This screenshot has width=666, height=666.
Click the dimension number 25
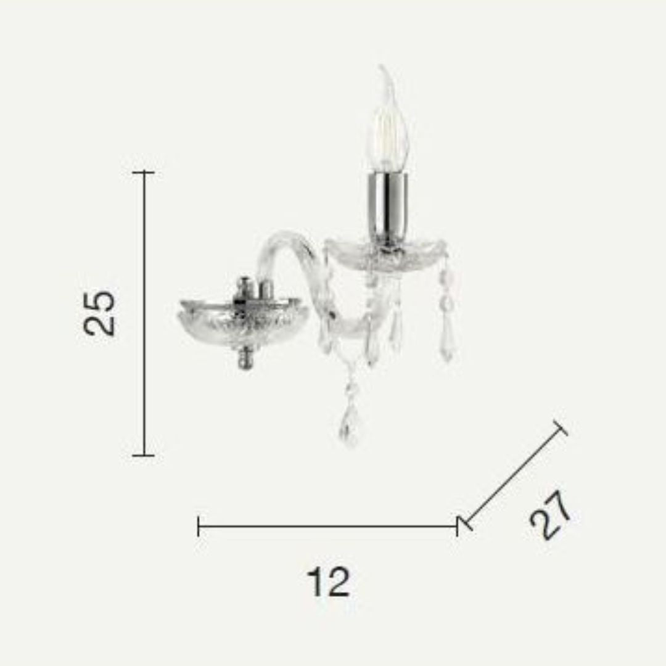tap(99, 313)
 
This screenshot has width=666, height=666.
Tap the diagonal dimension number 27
tap(550, 515)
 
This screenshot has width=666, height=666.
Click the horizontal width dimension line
tap(328, 526)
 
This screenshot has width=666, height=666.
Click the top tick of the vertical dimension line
tap(144, 172)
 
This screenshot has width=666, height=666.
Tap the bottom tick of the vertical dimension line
tap(144, 456)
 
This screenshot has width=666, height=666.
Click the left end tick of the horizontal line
tap(199, 526)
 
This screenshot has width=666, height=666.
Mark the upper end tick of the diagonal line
tap(561, 428)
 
